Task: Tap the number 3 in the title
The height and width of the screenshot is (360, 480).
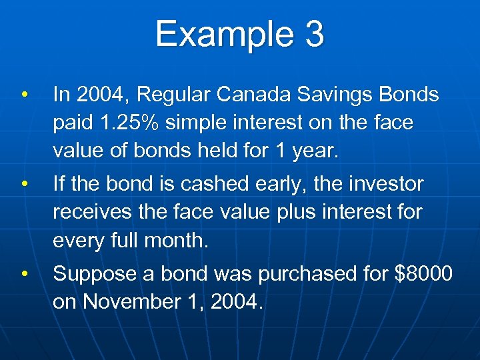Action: (x=314, y=34)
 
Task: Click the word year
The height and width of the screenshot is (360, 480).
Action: (x=317, y=151)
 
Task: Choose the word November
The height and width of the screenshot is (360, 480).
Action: (x=126, y=301)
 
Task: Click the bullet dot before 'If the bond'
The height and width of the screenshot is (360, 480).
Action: (x=23, y=183)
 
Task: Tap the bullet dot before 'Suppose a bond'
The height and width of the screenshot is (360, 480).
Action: (x=23, y=273)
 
